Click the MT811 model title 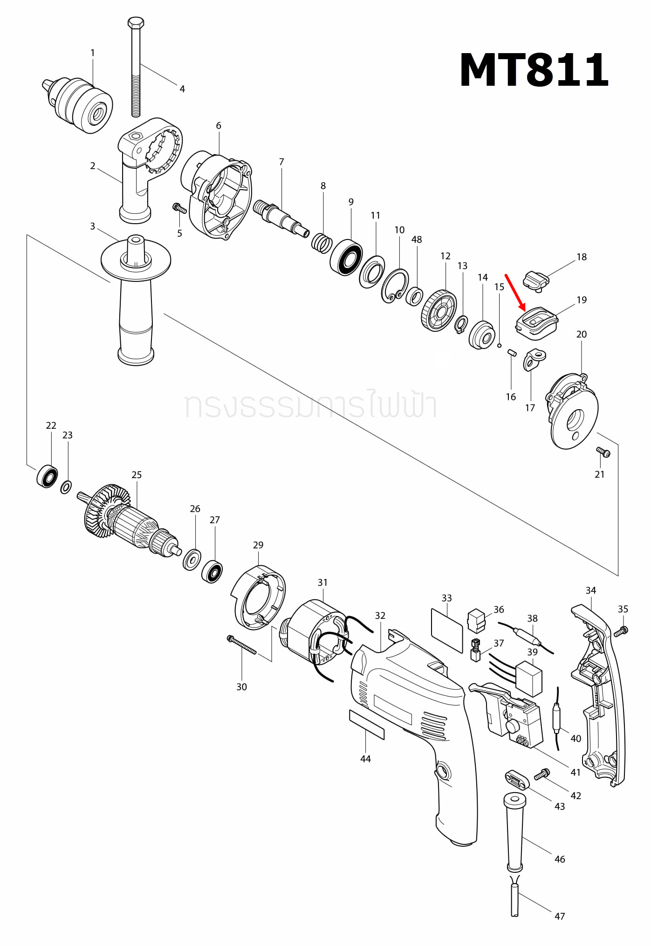point(534,70)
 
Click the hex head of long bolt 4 point(136,22)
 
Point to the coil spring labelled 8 point(322,243)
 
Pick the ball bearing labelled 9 point(346,257)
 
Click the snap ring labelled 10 point(395,286)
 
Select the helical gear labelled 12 point(439,310)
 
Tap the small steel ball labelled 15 point(499,345)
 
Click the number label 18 point(582,257)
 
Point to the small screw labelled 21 point(603,452)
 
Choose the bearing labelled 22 point(47,476)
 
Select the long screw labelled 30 point(241,645)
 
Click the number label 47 point(560,916)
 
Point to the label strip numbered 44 point(367,725)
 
